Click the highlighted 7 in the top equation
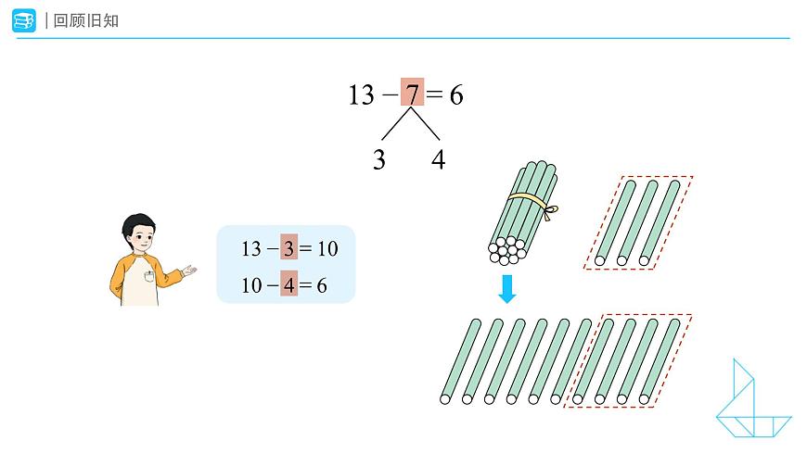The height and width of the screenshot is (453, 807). [412, 93]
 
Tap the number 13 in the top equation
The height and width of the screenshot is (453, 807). [362, 94]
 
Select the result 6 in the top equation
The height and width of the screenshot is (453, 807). [456, 95]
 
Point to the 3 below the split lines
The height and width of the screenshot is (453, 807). [379, 159]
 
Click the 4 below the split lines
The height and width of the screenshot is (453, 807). [438, 159]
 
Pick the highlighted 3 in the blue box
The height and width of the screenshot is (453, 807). [288, 247]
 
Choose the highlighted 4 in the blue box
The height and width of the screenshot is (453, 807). [289, 284]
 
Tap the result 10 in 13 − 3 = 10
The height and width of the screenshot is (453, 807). [327, 249]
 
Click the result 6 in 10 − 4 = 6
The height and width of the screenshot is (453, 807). [322, 285]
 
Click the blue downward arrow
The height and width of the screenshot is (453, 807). [507, 289]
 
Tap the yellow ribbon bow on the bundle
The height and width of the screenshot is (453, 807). [551, 211]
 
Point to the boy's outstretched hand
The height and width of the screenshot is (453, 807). [190, 271]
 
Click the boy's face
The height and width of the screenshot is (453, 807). [141, 238]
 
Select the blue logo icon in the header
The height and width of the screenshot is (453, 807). [24, 20]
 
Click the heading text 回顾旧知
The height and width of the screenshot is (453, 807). [86, 20]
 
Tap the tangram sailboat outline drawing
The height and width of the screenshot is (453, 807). [753, 398]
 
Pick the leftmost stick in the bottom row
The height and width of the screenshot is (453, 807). [460, 361]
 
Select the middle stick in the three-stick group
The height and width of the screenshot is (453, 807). [637, 222]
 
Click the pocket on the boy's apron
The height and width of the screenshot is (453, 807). [149, 276]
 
